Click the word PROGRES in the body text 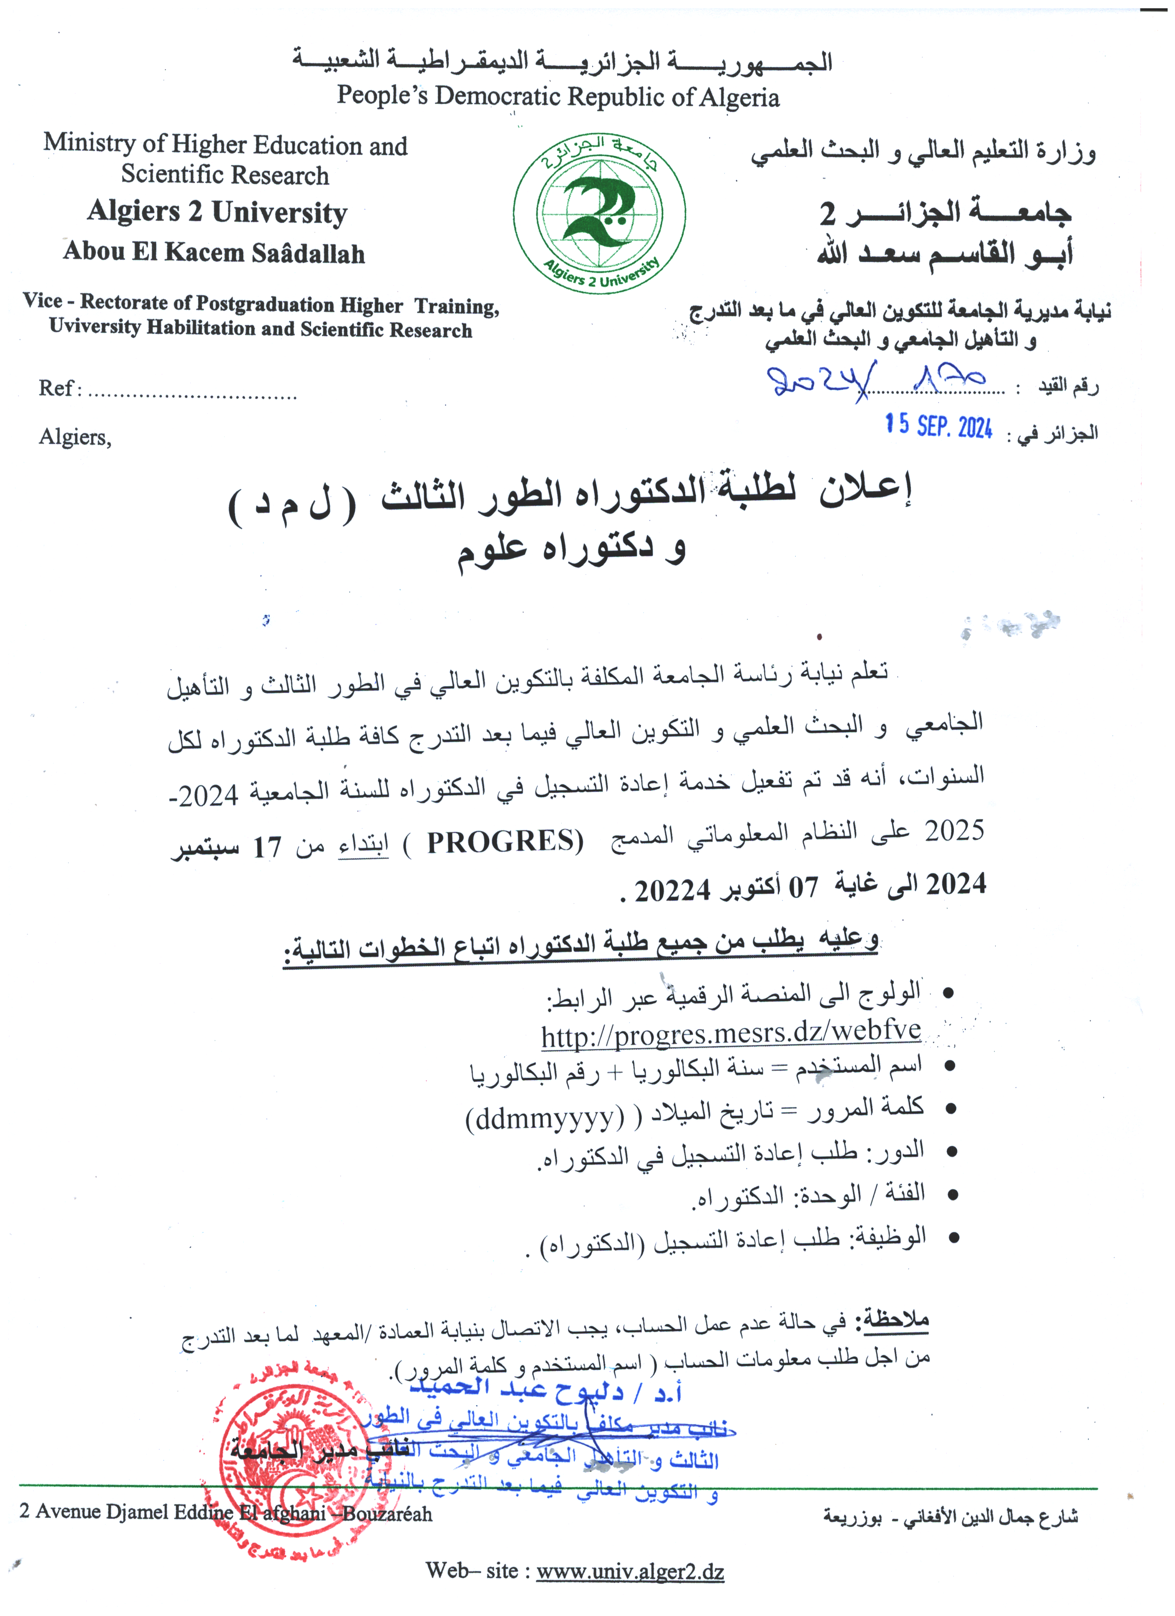coord(505,842)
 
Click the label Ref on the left coord(56,388)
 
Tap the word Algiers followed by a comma coord(75,437)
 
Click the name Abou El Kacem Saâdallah coord(214,252)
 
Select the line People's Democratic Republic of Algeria coord(558,95)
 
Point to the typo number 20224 coord(673,890)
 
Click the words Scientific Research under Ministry coord(224,175)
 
